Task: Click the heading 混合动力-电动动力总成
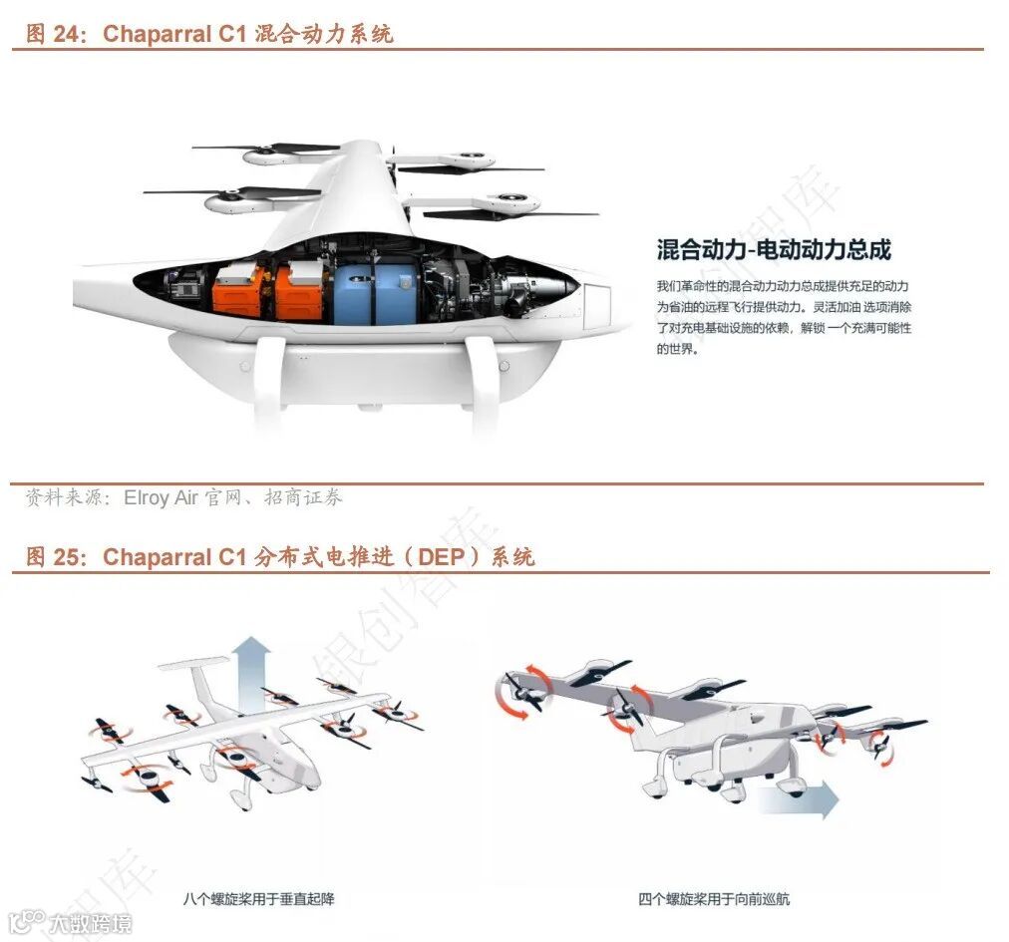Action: pos(774,249)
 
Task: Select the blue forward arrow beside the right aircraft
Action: pos(798,796)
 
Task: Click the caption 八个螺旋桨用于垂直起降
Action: pos(258,899)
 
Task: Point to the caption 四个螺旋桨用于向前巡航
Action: pos(714,899)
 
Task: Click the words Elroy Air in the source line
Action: pos(161,497)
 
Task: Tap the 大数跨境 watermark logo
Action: pos(70,923)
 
